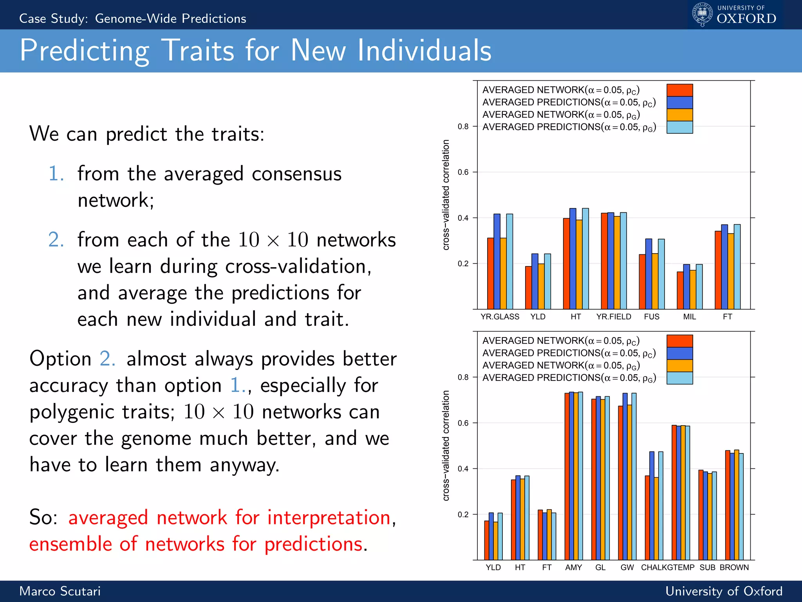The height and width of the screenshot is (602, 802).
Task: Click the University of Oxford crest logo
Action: click(703, 14)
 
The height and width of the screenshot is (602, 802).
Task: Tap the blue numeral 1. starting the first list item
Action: click(56, 174)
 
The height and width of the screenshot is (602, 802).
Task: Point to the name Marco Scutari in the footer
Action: click(60, 591)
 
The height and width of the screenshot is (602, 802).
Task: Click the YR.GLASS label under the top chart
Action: click(500, 317)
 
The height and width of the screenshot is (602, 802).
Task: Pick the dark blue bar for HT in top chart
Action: click(573, 259)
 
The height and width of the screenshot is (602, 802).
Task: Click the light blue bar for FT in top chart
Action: click(737, 267)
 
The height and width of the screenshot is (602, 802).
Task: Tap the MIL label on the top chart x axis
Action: click(689, 317)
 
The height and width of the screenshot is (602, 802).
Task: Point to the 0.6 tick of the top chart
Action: click(463, 172)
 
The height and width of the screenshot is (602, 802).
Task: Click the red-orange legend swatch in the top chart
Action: click(679, 90)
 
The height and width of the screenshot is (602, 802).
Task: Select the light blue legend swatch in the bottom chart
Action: click(679, 378)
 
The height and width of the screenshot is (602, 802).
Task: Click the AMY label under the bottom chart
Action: click(573, 568)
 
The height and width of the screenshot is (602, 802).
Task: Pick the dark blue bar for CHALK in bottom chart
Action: click(652, 506)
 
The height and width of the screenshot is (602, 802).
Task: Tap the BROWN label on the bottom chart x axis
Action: click(734, 568)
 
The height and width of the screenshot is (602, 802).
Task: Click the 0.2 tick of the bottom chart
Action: click(463, 515)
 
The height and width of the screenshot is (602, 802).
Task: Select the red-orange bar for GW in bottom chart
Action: click(620, 482)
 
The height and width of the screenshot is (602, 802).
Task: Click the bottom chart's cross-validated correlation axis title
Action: click(446, 446)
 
